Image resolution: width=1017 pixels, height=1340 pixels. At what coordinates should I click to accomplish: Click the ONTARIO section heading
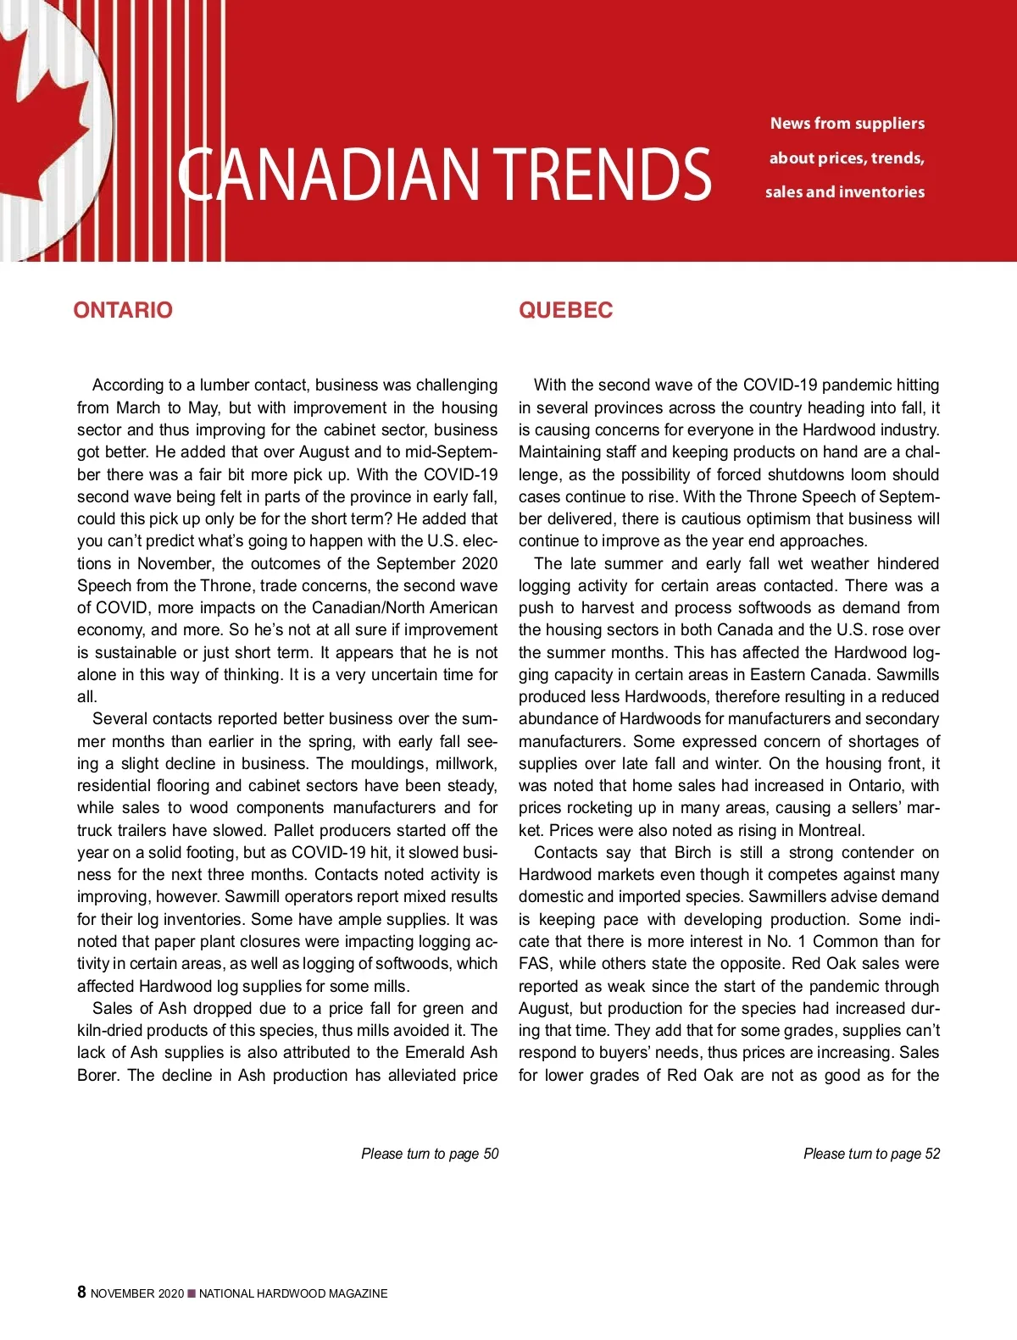coord(123,310)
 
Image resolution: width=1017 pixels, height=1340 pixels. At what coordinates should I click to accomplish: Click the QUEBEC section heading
coord(565,310)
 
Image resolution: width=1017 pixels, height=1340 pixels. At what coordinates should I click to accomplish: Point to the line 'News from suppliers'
coord(847,124)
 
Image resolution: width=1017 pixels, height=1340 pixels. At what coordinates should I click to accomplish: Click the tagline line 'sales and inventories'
coord(844,192)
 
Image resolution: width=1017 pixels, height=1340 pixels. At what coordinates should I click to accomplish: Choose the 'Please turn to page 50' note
coord(430,1154)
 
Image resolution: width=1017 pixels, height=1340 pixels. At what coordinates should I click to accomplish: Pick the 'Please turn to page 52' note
coord(871,1154)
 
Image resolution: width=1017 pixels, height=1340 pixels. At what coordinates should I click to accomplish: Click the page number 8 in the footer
coord(81,1292)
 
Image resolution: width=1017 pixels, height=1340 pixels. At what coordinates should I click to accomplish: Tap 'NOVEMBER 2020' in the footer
coord(136,1293)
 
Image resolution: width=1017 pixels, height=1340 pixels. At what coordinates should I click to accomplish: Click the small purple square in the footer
coord(192,1293)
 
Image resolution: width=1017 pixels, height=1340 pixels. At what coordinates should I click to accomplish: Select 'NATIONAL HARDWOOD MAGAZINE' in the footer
coord(293,1293)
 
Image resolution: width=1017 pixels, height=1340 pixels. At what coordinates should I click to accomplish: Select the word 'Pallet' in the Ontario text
coord(295,830)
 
